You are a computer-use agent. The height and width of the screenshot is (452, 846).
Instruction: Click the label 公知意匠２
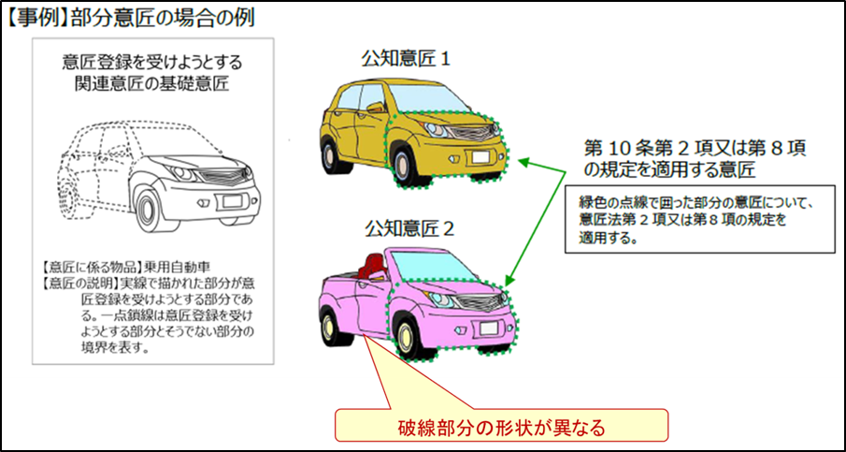coord(409,230)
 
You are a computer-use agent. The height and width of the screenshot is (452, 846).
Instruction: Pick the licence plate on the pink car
coord(489,328)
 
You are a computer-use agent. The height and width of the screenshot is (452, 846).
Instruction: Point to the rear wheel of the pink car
coord(329,327)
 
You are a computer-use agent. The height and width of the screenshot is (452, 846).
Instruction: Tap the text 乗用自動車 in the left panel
coord(176,266)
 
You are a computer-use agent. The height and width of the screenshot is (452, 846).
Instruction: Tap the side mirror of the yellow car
coord(374,108)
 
